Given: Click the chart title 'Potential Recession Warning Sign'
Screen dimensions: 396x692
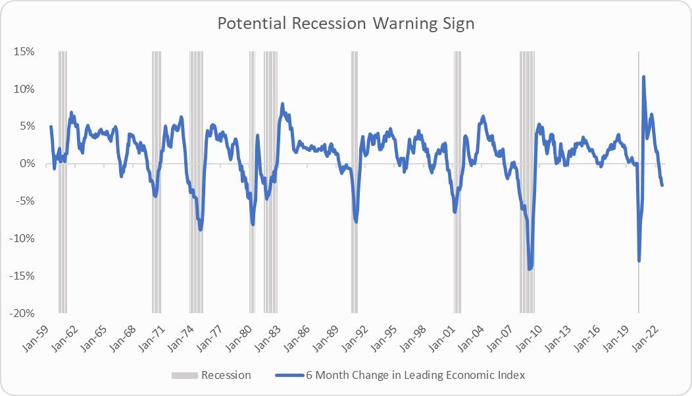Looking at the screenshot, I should (x=346, y=23).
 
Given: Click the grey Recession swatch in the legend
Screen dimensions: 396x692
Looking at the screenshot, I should (x=184, y=376).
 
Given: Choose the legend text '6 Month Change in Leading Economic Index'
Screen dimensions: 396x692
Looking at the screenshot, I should (x=415, y=376).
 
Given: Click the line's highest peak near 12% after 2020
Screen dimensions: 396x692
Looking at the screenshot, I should (x=643, y=77).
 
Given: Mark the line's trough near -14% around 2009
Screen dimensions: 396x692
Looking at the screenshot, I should (x=530, y=268).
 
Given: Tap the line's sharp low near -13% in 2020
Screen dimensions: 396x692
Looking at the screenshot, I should (x=639, y=260).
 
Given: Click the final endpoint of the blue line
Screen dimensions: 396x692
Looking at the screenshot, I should (x=662, y=185).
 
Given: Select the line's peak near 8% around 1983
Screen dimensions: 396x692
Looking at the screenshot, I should (x=282, y=104).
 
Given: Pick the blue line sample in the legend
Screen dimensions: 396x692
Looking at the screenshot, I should (x=287, y=376).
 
